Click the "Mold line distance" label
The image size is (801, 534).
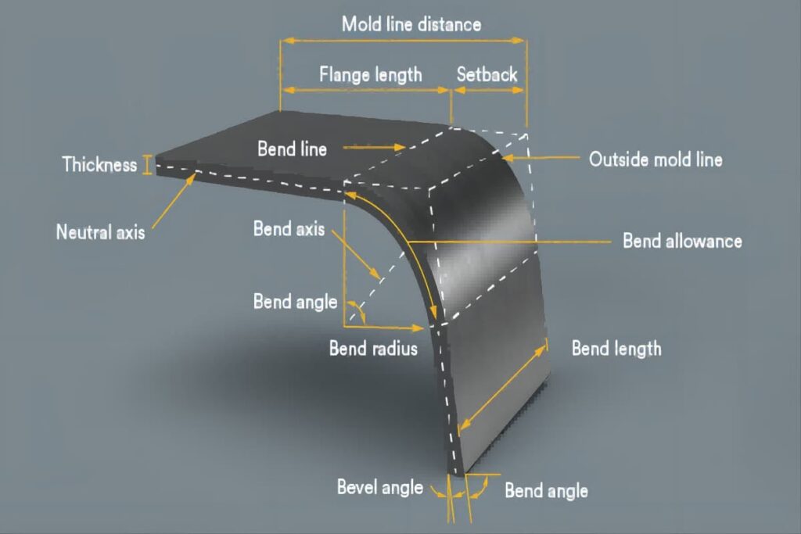411,24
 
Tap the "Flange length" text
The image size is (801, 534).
370,74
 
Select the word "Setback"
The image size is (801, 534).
487,74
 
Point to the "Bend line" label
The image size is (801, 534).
293,149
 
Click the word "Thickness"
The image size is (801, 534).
99,164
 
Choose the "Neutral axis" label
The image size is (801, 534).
101,231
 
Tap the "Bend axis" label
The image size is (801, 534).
289,228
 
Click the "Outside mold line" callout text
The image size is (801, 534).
656,159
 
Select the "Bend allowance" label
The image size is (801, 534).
682,241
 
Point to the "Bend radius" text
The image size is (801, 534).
373,348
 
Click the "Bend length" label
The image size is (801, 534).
616,348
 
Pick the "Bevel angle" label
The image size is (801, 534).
380,487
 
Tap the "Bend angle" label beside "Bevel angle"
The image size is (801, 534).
546,490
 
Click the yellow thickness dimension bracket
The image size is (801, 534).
147,165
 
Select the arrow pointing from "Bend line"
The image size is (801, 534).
374,148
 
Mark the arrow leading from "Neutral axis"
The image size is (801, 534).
174,201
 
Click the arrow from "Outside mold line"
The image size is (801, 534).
541,158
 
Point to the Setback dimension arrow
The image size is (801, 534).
488,90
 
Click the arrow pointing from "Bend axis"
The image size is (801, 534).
356,255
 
